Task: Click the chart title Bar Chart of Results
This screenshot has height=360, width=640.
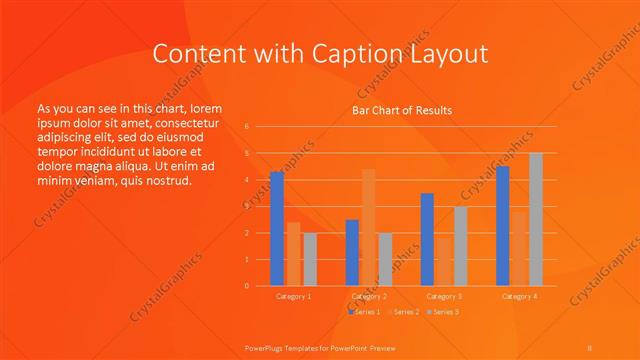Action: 402,110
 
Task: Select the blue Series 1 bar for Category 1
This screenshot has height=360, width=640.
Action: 277,229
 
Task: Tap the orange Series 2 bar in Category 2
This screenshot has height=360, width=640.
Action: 369,227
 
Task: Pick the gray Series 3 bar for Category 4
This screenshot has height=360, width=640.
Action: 536,219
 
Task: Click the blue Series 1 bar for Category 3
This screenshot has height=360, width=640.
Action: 427,239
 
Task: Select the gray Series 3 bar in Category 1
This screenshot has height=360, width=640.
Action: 310,259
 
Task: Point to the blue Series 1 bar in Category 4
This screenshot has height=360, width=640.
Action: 503,226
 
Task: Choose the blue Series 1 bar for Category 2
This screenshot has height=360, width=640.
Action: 352,252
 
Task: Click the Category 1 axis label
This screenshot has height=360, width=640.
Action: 294,296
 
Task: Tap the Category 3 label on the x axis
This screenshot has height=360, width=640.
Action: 444,296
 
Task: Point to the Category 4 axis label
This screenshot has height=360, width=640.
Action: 519,296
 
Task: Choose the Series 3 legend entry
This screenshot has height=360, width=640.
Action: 442,313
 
